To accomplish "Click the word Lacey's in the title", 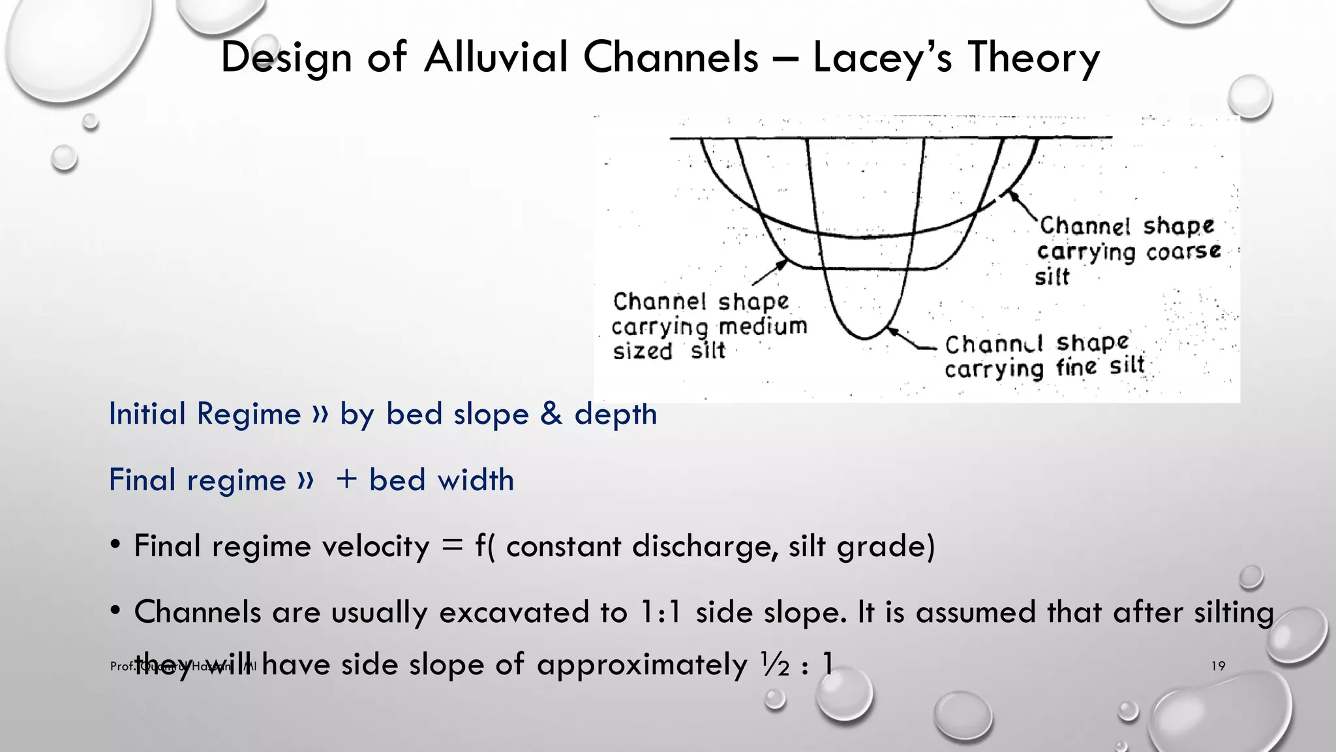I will pyautogui.click(x=883, y=57).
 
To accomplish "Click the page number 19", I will pyautogui.click(x=1218, y=666).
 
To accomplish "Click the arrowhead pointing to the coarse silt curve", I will pyautogui.click(x=1012, y=193).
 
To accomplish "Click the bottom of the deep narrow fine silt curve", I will pyautogui.click(x=864, y=337).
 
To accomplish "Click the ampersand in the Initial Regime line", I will pyautogui.click(x=551, y=414).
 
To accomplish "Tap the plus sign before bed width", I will pyautogui.click(x=346, y=480).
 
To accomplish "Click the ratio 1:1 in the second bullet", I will pyautogui.click(x=660, y=612).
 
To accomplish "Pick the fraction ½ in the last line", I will pyautogui.click(x=775, y=665).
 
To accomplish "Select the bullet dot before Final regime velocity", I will pyautogui.click(x=115, y=545).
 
